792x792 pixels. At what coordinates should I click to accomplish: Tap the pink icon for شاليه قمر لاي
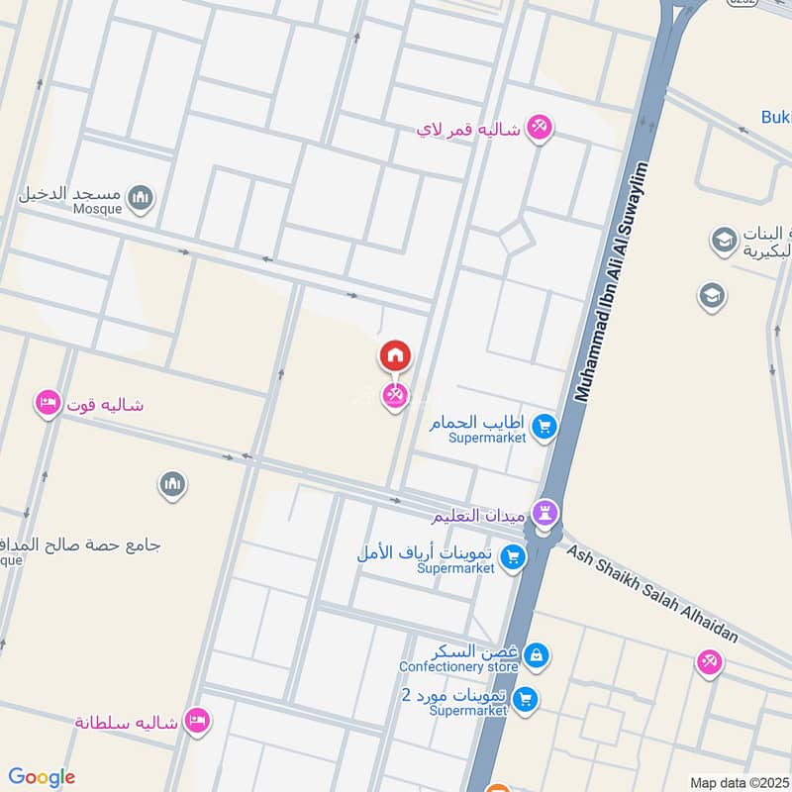pos(539,128)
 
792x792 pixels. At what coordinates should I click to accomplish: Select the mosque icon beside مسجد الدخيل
pos(142,197)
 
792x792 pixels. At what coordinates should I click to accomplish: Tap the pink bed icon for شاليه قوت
pos(47,404)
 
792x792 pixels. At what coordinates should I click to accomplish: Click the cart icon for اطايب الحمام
pos(544,428)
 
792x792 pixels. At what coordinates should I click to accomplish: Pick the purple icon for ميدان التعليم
pos(544,514)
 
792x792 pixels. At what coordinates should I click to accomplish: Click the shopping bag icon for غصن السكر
pos(536,655)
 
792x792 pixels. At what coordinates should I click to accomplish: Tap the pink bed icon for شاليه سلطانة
pos(196,721)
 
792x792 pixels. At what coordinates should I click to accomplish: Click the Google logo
pos(42,777)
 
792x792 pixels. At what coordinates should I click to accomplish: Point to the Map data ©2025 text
pos(737,782)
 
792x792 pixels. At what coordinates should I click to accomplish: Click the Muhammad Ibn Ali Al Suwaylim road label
pos(614,281)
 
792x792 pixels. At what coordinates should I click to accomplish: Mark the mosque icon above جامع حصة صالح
pos(172,485)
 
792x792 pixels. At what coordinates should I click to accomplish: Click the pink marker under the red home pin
pos(394,396)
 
